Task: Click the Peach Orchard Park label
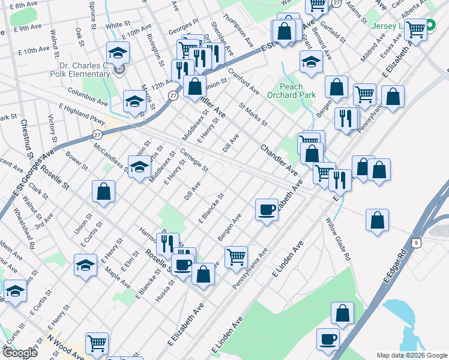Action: [x=291, y=91]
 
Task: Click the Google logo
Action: [x=19, y=353]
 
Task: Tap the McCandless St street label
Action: [x=109, y=156]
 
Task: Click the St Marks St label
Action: [x=253, y=115]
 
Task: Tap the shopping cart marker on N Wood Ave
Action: [x=97, y=344]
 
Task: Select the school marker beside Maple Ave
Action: [x=86, y=265]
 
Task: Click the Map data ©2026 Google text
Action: [x=411, y=355]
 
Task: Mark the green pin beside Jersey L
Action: [x=431, y=25]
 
